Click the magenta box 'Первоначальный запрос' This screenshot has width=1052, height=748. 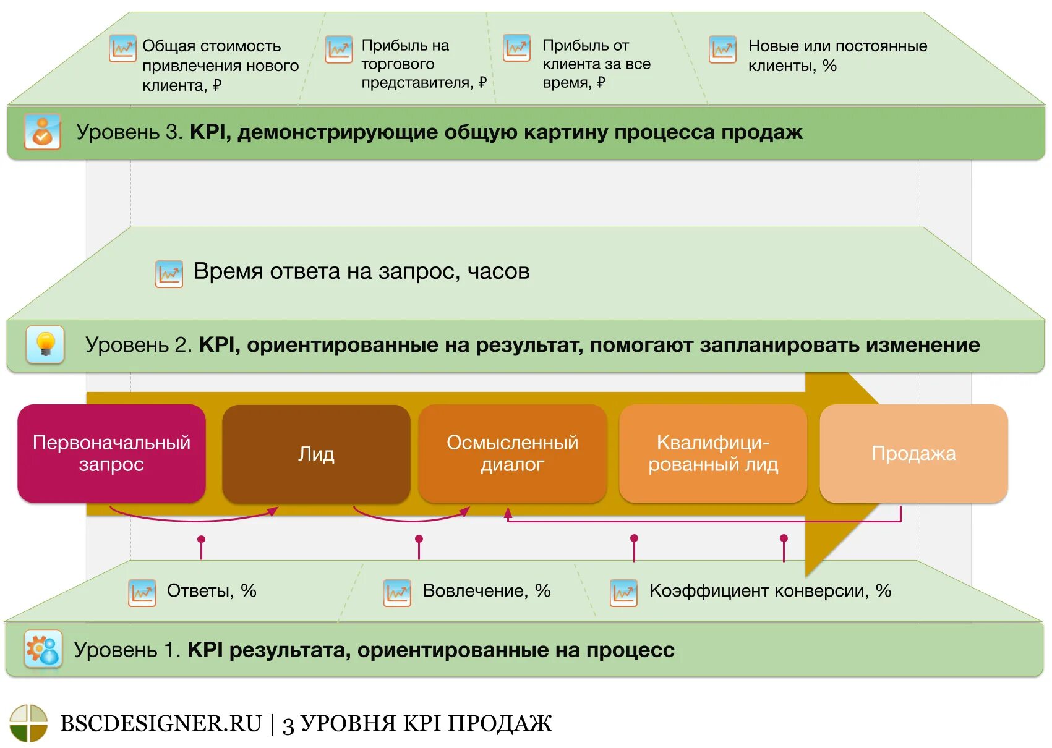coord(111,453)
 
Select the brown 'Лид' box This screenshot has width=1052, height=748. coord(316,454)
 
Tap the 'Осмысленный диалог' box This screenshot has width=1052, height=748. coord(512,453)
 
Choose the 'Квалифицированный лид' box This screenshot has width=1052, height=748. coord(712,453)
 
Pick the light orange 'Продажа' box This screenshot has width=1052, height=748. coord(913,453)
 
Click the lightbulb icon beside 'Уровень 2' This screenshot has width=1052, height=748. coord(45,344)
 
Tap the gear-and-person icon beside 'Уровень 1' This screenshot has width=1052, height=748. coord(43,649)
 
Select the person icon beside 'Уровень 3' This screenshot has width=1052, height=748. coord(42,131)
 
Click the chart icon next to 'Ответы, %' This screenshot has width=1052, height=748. coord(142,592)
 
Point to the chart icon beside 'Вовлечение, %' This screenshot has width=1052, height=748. coord(397,592)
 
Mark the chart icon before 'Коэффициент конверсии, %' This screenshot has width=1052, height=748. coord(623,592)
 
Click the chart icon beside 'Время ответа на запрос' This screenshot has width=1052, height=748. coord(169,273)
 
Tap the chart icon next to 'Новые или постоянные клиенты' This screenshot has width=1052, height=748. coord(722,49)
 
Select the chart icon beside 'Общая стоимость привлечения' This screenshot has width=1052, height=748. coord(122,48)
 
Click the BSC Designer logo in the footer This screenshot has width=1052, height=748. coord(28,723)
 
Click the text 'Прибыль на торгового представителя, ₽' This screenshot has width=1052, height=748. coord(424,64)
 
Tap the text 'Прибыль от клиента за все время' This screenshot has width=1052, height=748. coord(596,64)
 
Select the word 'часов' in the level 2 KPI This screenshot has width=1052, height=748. coord(498,271)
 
